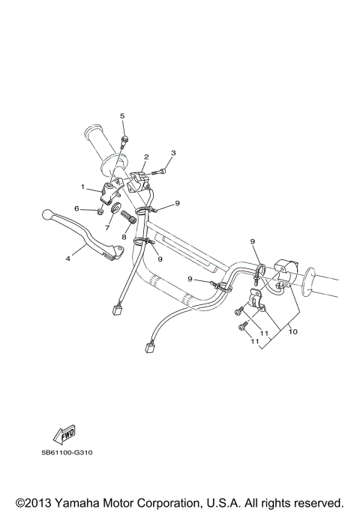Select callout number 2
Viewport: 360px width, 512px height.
pos(146,157)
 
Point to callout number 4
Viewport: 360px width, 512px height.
pos(68,259)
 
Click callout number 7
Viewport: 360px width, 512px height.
pos(107,227)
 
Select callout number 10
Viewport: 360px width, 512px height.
pos(292,331)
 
